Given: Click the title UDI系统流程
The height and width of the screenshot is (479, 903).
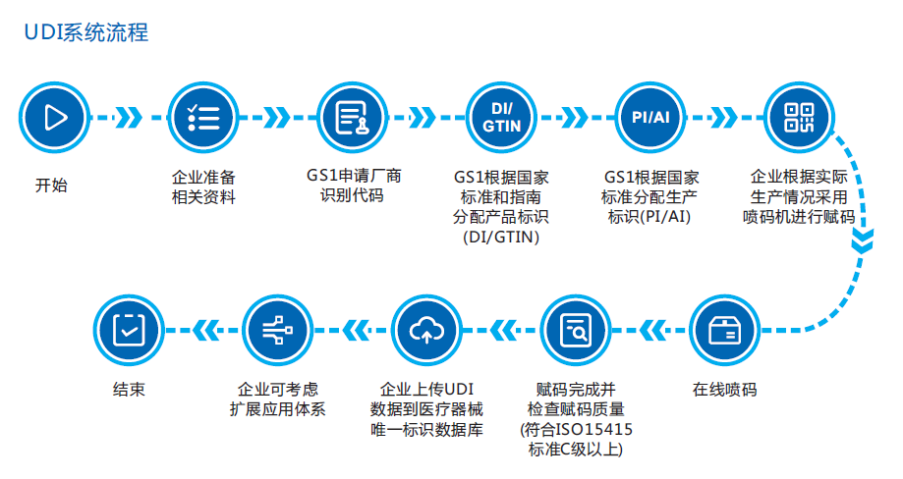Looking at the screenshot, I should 85,32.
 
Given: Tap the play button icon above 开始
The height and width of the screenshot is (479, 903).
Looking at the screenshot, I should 53,118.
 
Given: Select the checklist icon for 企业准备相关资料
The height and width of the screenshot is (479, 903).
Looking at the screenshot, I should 202,118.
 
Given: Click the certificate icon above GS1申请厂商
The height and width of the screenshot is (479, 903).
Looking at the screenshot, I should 353,118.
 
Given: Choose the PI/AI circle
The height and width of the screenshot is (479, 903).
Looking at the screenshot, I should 650,118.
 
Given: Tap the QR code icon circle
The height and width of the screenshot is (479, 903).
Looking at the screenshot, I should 799,118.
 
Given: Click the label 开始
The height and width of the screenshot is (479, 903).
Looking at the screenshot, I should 52,185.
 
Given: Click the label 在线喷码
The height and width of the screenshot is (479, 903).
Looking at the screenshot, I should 724,389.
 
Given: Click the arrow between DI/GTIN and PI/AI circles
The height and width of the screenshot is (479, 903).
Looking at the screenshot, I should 577,118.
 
